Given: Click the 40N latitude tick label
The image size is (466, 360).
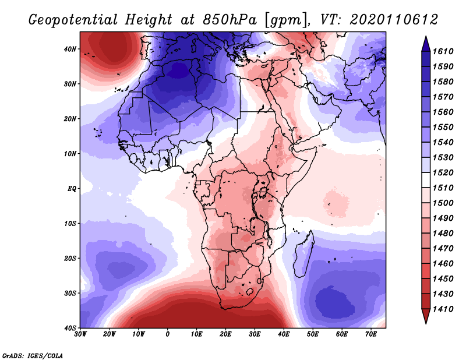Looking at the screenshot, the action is point(70,49).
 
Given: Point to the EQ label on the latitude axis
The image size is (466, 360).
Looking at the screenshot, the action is point(72,189).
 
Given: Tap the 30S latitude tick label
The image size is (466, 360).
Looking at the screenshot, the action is point(70,294).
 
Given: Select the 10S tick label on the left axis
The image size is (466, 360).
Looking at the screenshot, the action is point(70,224).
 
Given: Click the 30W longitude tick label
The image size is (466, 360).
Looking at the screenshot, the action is point(80,334).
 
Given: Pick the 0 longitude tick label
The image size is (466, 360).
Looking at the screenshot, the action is point(168,334).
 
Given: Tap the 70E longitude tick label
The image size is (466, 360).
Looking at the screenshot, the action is point(370,334).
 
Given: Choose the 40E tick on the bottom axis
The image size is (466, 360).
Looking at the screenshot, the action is point(284,334).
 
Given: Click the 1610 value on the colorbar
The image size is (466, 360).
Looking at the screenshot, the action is point(443,51).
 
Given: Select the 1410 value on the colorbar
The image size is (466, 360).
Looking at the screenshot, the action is point(443,309).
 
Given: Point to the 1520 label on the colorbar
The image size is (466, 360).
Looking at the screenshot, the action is point(443,172).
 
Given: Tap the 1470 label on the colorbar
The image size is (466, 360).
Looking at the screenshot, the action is point(443,249).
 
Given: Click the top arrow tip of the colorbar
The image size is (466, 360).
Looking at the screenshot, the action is point(426,36).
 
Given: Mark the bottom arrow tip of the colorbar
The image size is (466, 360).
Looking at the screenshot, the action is point(426,323).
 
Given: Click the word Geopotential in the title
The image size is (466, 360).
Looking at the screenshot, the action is point(73,20).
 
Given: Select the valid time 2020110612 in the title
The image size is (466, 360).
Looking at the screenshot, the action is point(394,20).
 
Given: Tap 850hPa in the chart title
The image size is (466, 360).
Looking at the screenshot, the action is point(230,20).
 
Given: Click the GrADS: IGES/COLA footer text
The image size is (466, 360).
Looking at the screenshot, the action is point(33,356).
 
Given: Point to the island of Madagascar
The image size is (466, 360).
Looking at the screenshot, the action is point(303,255).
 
